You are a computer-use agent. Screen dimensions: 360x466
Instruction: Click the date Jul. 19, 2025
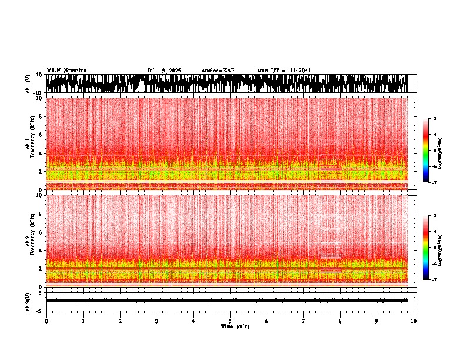(x=164, y=71)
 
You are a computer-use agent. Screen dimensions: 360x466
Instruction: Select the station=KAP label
(x=218, y=71)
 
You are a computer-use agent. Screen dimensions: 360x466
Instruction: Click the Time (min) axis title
(x=235, y=326)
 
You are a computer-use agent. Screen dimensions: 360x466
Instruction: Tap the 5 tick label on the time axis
(x=230, y=321)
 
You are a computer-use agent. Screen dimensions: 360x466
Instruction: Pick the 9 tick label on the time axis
(x=377, y=321)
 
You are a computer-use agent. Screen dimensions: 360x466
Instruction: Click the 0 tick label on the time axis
(x=46, y=321)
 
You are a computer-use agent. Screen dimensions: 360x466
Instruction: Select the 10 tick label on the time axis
(x=414, y=321)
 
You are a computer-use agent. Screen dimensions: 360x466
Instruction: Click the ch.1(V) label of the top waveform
(x=28, y=84)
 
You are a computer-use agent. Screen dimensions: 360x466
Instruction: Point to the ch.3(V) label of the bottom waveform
(x=28, y=301)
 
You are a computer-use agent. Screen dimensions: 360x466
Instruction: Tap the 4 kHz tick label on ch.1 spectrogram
(x=40, y=153)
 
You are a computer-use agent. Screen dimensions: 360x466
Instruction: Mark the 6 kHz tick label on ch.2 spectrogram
(x=40, y=232)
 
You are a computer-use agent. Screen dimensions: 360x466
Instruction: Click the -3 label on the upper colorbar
(x=434, y=119)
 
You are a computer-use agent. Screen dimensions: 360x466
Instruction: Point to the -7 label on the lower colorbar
(x=434, y=280)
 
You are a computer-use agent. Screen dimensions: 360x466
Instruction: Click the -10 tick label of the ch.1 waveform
(x=36, y=93)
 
